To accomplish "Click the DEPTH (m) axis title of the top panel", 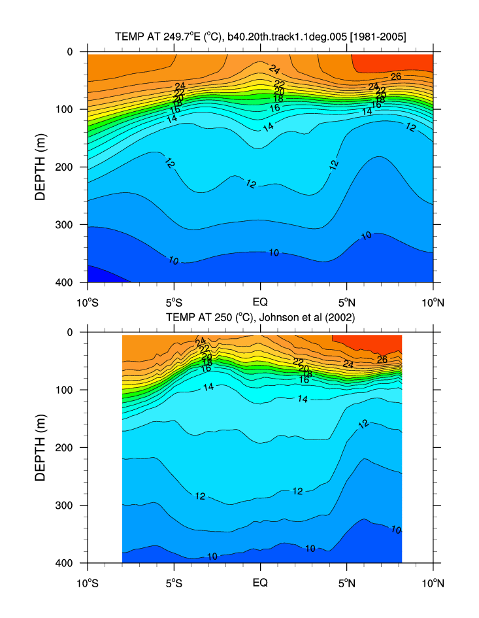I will [40, 167].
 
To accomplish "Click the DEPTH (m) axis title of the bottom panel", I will [40, 447].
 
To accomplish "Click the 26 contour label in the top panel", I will [395, 77].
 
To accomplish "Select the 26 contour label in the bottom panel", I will [382, 359].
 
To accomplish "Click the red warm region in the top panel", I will [392, 62].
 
